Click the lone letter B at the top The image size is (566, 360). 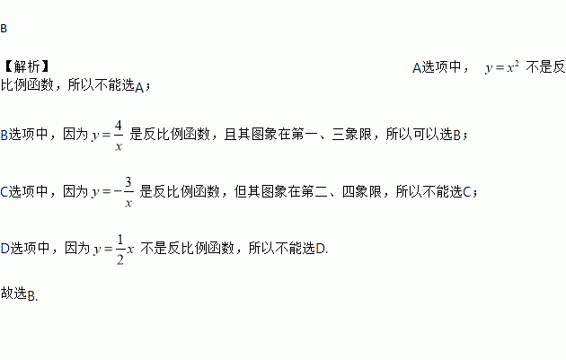click(4, 29)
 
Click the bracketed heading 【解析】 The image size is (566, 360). click(25, 67)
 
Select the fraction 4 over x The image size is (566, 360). click(118, 136)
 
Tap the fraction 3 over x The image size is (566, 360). click(128, 192)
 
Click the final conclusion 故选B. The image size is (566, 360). click(19, 294)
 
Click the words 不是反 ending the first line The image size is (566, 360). click(545, 67)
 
